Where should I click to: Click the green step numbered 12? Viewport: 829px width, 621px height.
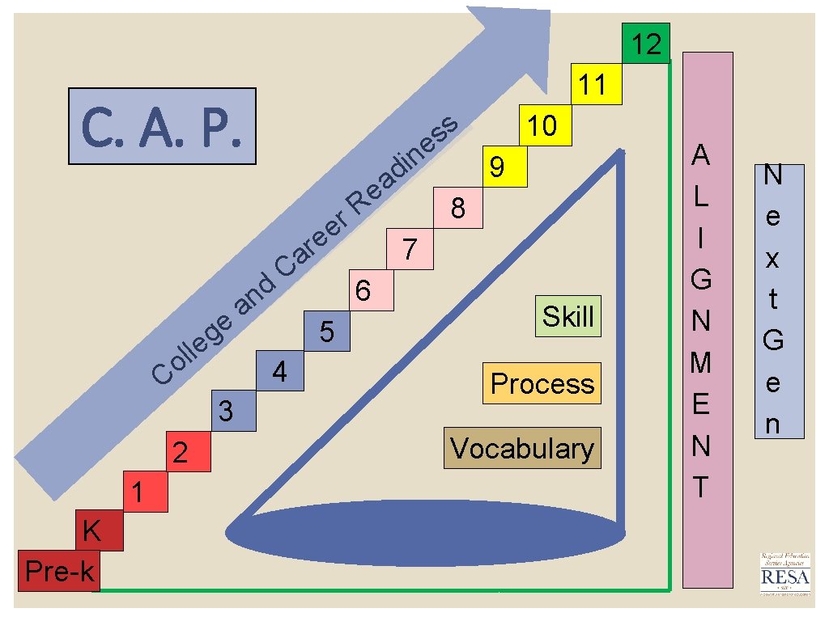pos(645,44)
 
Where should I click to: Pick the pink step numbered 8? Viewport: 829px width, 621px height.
pos(458,209)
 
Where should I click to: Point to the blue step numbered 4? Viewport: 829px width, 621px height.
pos(279,372)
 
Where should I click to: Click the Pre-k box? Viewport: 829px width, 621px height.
pos(59,571)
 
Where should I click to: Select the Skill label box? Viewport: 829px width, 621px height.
pos(568,316)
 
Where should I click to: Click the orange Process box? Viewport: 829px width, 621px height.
pos(542,383)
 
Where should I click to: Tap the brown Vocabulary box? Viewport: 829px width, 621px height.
pos(522,448)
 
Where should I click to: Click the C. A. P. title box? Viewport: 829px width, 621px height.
pos(162,127)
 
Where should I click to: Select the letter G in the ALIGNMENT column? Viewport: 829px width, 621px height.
pos(701,279)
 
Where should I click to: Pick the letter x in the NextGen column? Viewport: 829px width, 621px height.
pos(772,259)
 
